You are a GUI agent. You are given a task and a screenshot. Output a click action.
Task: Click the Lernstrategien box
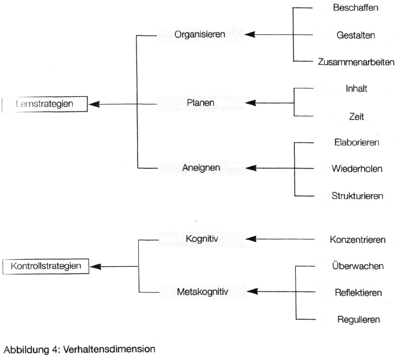click(x=45, y=103)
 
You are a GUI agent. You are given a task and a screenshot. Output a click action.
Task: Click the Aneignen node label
click(x=200, y=169)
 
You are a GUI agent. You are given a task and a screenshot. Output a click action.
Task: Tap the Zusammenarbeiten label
click(x=356, y=61)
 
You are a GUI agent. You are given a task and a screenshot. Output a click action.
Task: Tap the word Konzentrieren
click(x=357, y=240)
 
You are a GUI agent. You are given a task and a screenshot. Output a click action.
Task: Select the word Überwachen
click(x=357, y=266)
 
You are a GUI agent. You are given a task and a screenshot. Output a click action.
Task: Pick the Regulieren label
click(x=357, y=320)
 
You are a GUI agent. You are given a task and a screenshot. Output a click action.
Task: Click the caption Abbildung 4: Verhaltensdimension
click(x=76, y=348)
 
